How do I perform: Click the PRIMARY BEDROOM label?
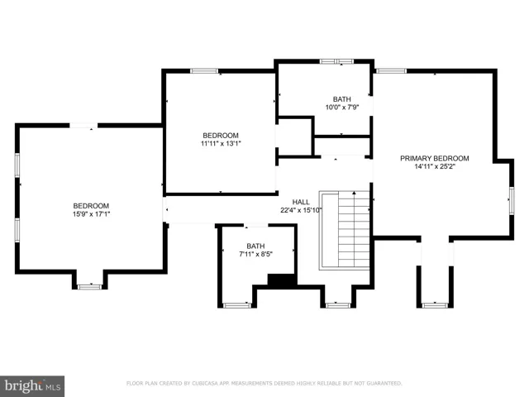(435, 158)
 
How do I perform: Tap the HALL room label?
(301, 202)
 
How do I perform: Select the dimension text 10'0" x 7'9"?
(341, 108)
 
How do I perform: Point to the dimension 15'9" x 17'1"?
(91, 214)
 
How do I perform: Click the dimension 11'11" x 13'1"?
(221, 143)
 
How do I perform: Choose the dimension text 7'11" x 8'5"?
(255, 254)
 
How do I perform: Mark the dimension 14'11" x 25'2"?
(435, 166)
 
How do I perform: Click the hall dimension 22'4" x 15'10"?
(301, 210)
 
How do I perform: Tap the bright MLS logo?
(32, 386)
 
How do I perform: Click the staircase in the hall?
(345, 230)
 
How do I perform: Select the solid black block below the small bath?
(282, 280)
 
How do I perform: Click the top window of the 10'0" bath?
(336, 61)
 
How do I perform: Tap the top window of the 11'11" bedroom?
(204, 71)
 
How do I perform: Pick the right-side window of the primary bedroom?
(512, 200)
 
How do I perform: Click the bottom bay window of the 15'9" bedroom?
(89, 287)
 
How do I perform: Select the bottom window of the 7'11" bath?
(237, 305)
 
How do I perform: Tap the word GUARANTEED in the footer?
(384, 384)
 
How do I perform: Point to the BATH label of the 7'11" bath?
(255, 246)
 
